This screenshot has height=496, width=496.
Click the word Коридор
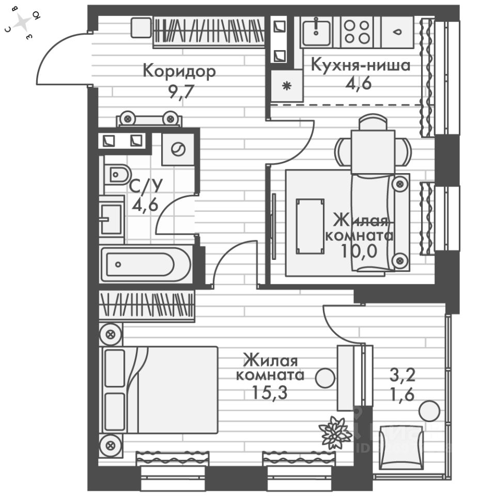[x=179, y=71]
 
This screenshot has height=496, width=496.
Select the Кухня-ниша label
[x=360, y=65]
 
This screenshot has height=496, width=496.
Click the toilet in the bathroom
[x=118, y=175]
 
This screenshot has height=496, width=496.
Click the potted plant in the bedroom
[x=335, y=432]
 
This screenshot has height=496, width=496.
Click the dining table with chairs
[x=373, y=146]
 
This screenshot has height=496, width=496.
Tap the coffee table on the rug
[x=310, y=226]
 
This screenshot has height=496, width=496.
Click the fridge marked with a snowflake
[x=284, y=86]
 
